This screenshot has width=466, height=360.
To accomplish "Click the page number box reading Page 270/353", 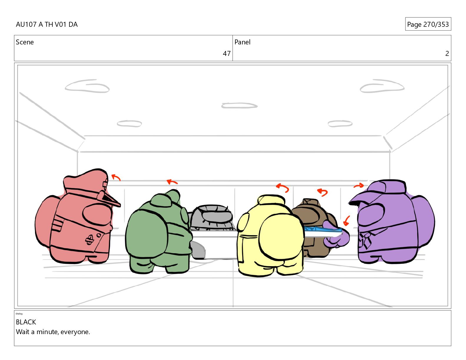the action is [428, 24].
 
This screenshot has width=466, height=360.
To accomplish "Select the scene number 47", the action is [227, 54].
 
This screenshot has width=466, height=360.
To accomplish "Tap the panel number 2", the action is [447, 54].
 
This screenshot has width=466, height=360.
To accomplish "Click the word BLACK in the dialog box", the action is [26, 322].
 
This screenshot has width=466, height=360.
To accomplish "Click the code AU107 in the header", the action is [26, 24].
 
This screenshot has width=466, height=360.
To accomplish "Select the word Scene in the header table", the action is [25, 42].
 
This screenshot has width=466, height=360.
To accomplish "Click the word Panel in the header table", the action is [242, 42].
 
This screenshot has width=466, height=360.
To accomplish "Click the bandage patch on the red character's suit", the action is [89, 240].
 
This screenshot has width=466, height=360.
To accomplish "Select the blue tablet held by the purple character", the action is [323, 229].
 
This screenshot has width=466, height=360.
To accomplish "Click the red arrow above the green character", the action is [172, 182].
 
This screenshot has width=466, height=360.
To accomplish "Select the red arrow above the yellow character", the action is [283, 187].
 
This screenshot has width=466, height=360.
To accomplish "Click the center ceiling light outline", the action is [239, 106].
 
